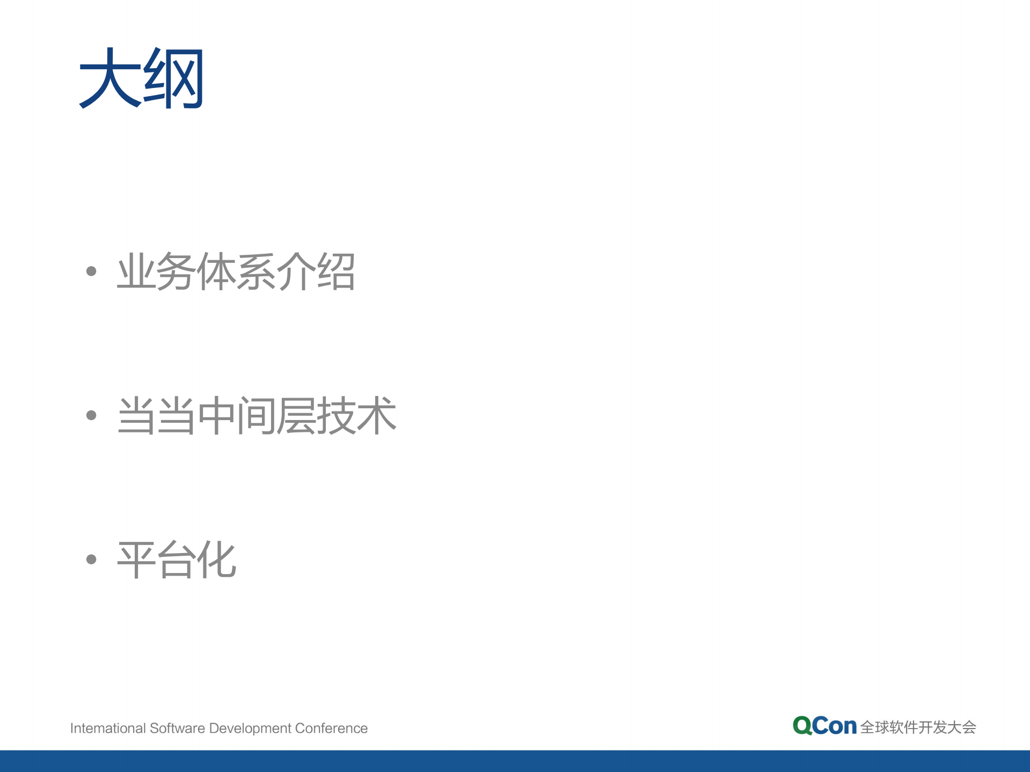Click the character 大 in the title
click(x=109, y=78)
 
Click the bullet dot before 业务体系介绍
click(x=91, y=271)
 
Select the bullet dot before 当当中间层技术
click(x=91, y=415)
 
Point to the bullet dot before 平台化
click(x=91, y=559)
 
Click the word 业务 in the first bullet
click(x=156, y=271)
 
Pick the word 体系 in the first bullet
click(x=236, y=271)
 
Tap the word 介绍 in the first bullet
click(x=316, y=271)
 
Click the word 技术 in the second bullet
click(x=356, y=415)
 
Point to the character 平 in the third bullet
click(x=136, y=560)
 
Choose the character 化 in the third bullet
click(x=216, y=560)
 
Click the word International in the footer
click(x=108, y=728)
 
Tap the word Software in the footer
click(x=177, y=728)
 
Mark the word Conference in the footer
click(x=331, y=728)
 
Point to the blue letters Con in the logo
click(x=834, y=726)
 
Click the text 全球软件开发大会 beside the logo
click(x=918, y=727)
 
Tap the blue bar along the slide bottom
click(x=515, y=761)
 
